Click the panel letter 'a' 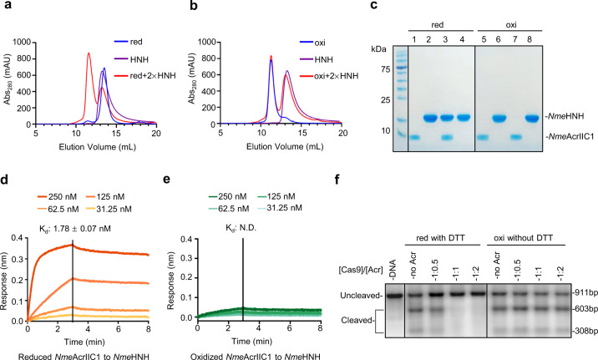[6, 8]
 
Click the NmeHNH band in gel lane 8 [529, 118]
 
